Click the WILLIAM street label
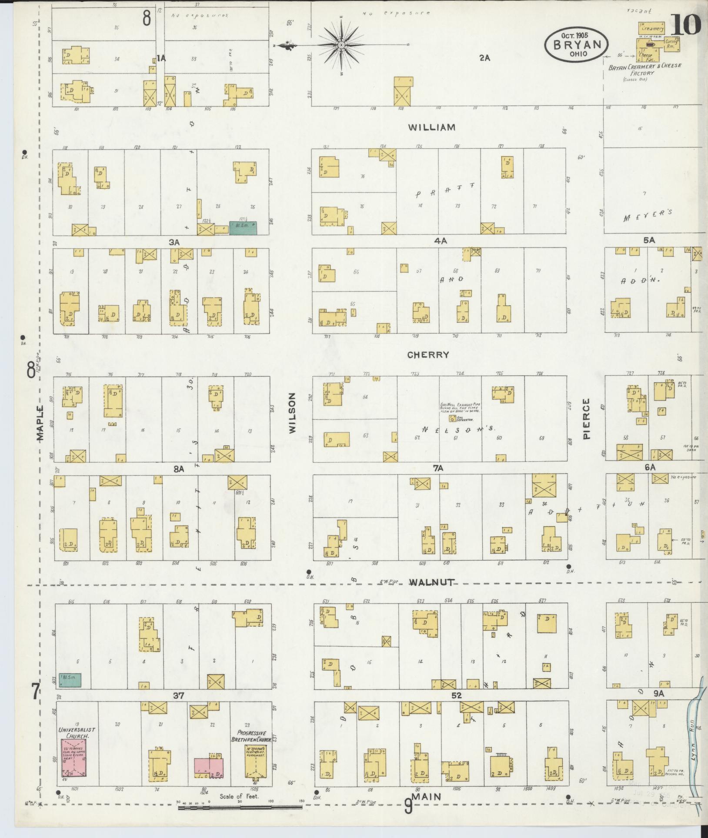click(x=431, y=127)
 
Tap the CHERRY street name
click(x=428, y=355)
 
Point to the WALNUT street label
click(x=432, y=582)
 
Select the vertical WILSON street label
click(x=292, y=413)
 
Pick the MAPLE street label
click(x=40, y=423)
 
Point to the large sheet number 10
click(x=686, y=24)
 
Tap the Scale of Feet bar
click(x=240, y=807)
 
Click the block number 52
click(x=456, y=695)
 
